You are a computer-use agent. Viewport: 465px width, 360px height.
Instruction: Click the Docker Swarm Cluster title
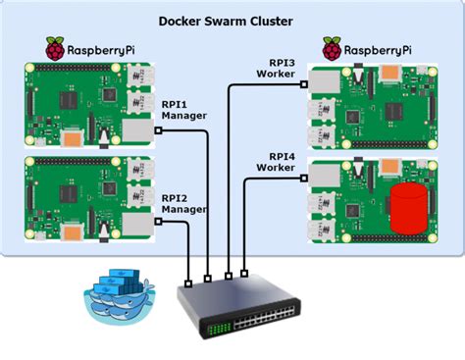(232, 21)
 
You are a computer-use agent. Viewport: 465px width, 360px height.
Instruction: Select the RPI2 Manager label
(182, 202)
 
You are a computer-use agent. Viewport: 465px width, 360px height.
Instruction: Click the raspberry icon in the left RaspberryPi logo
(56, 48)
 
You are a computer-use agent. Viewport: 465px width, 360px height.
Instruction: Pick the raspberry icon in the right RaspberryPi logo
(333, 48)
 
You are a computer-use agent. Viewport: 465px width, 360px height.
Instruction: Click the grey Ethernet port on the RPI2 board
(139, 225)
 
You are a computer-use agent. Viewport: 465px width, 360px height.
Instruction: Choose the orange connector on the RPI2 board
(74, 231)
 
